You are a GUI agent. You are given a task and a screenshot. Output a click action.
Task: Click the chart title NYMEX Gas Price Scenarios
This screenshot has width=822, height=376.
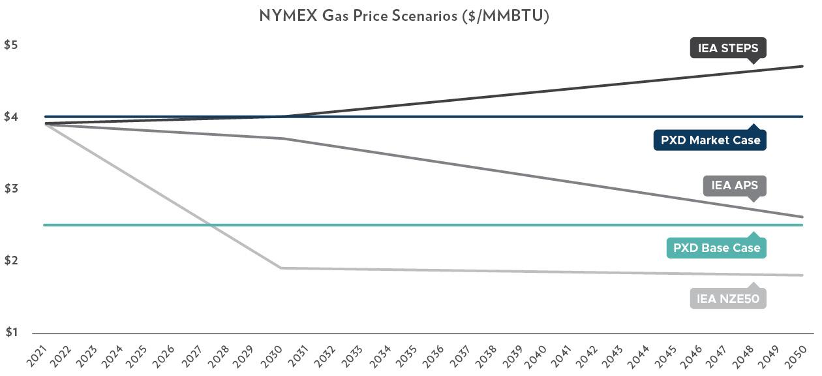pyautogui.click(x=404, y=16)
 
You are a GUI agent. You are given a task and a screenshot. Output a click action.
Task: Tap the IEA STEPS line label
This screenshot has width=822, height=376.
pyautogui.click(x=728, y=48)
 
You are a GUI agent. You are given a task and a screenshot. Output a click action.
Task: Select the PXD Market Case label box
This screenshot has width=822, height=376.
pyautogui.click(x=710, y=140)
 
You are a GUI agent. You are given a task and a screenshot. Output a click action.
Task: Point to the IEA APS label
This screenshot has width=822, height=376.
pyautogui.click(x=735, y=185)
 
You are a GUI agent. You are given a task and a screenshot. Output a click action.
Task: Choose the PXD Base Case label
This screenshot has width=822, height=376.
pyautogui.click(x=716, y=248)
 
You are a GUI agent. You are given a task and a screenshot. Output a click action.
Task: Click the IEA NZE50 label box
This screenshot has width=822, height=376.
pyautogui.click(x=728, y=299)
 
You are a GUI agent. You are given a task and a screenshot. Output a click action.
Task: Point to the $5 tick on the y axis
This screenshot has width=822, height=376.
pyautogui.click(x=11, y=45)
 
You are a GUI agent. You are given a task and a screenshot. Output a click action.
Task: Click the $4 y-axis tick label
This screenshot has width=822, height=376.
pyautogui.click(x=11, y=117)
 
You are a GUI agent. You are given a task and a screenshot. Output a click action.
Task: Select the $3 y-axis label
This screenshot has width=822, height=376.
pyautogui.click(x=11, y=189)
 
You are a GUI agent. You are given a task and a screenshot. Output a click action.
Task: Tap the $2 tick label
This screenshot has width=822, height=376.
pyautogui.click(x=11, y=261)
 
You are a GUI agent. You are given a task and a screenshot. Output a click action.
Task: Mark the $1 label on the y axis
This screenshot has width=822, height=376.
pyautogui.click(x=11, y=333)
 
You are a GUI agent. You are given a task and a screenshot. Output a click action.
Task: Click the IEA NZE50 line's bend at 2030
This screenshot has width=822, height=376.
pyautogui.click(x=281, y=268)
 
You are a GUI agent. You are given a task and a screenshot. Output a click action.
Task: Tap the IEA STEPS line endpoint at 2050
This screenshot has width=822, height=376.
pyautogui.click(x=802, y=67)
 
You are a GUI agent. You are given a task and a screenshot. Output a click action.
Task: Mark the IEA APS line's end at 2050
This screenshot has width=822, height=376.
pyautogui.click(x=802, y=217)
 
